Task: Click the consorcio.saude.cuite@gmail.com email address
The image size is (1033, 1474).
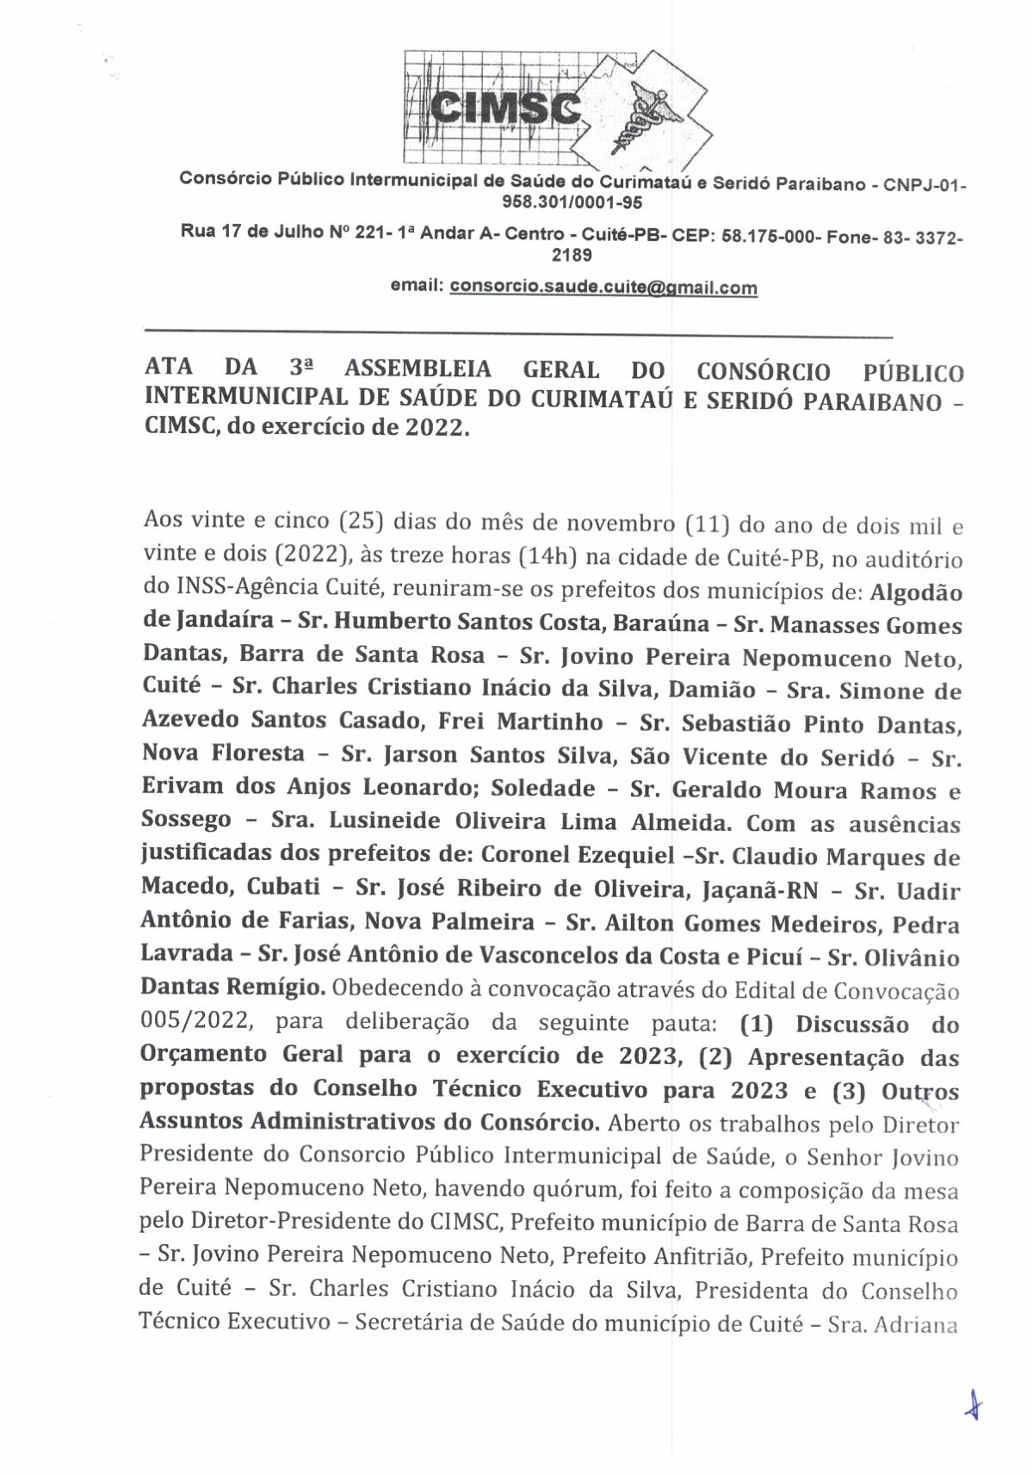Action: (x=603, y=287)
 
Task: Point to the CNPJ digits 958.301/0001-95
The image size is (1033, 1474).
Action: (x=572, y=203)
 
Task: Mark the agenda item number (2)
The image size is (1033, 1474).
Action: (x=717, y=1056)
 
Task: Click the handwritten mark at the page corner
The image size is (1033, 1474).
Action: (x=973, y=1406)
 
